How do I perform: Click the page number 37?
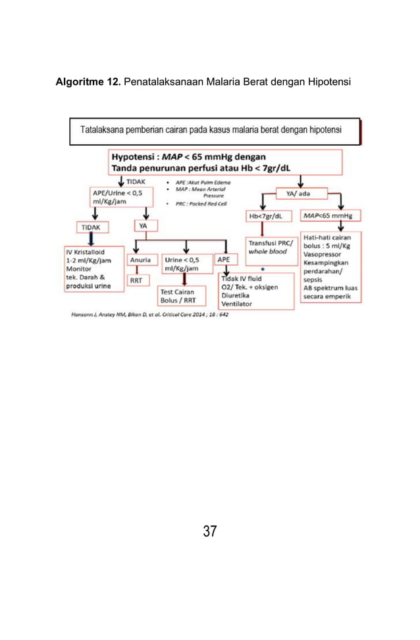pyautogui.click(x=209, y=531)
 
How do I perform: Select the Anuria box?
pyautogui.click(x=141, y=260)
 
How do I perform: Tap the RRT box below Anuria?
pyautogui.click(x=136, y=280)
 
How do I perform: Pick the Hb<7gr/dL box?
pyautogui.click(x=267, y=216)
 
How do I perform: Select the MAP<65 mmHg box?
pyautogui.click(x=330, y=216)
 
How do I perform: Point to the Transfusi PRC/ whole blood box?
pyautogui.click(x=269, y=247)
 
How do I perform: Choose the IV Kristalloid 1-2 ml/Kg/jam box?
pyautogui.click(x=93, y=269)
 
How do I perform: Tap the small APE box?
pyautogui.click(x=223, y=260)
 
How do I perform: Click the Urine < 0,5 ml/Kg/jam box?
pyautogui.click(x=186, y=264)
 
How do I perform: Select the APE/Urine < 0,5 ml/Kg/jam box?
pyautogui.click(x=120, y=197)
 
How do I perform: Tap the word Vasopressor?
pyautogui.click(x=322, y=254)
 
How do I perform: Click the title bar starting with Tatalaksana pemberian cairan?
pyautogui.click(x=215, y=131)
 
